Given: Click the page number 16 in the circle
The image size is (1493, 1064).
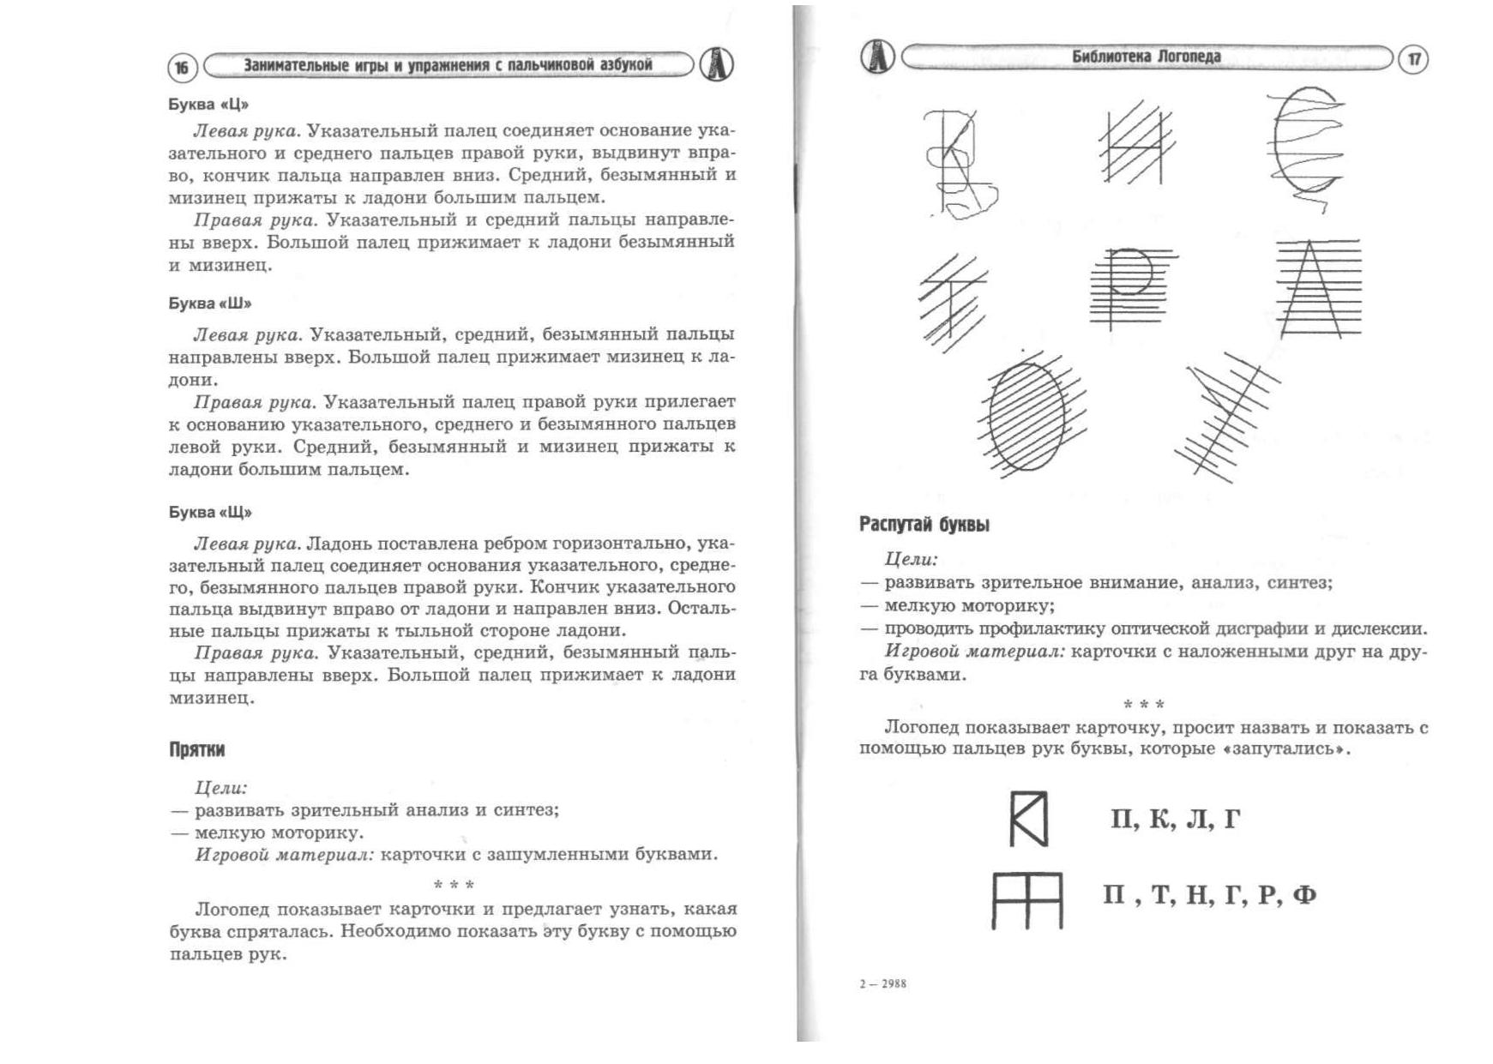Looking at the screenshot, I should (182, 68).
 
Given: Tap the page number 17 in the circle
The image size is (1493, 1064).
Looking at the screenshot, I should (1413, 59).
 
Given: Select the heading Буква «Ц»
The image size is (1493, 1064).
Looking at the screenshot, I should (208, 105).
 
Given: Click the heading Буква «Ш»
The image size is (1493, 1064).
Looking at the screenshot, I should (210, 304).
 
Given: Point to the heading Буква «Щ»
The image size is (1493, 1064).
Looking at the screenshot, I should (210, 513).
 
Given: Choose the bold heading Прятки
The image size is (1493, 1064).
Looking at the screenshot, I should (196, 750).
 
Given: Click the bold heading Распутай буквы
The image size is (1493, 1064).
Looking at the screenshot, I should (924, 525).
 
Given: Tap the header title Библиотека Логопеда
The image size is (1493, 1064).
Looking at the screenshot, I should (1146, 57).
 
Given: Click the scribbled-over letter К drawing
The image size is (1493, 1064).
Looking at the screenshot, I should (959, 163).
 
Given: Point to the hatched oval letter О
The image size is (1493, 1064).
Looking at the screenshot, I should (1027, 416).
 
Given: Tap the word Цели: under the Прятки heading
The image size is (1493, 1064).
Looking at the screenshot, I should (221, 788).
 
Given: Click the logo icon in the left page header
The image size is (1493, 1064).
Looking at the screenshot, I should (717, 65).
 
